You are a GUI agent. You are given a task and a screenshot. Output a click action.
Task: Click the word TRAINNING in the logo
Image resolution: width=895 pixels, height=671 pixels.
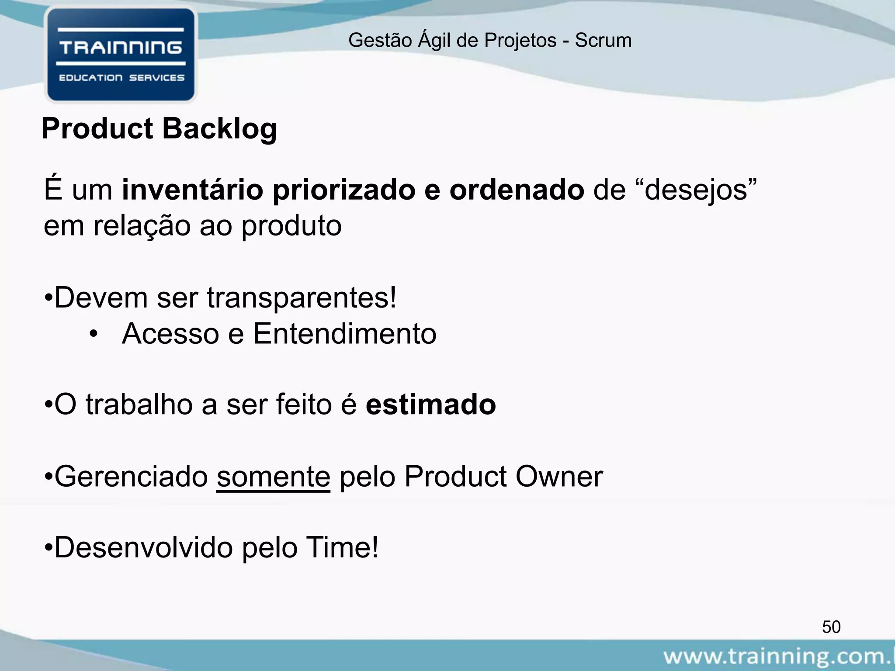(x=121, y=48)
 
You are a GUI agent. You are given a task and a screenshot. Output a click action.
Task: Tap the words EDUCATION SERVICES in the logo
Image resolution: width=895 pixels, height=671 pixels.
(x=121, y=78)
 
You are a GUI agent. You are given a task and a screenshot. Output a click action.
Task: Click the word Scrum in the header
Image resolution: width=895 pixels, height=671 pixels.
(x=603, y=41)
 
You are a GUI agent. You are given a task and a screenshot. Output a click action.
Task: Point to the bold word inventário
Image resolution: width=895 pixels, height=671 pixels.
(x=193, y=190)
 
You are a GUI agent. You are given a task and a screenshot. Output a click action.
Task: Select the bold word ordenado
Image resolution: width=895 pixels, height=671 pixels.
(x=517, y=190)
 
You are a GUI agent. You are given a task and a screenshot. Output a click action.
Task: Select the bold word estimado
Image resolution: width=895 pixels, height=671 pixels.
(x=430, y=405)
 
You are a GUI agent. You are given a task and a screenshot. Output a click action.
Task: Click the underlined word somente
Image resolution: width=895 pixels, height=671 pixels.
(x=273, y=477)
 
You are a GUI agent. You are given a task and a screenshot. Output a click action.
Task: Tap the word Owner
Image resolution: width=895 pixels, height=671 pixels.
(x=559, y=477)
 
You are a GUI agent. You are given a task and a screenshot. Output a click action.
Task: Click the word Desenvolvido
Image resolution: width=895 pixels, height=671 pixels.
(x=143, y=548)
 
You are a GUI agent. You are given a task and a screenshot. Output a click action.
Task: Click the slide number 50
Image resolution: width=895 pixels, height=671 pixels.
(x=831, y=627)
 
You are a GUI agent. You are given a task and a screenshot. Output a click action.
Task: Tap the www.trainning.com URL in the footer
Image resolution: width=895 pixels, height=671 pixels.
(x=778, y=657)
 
